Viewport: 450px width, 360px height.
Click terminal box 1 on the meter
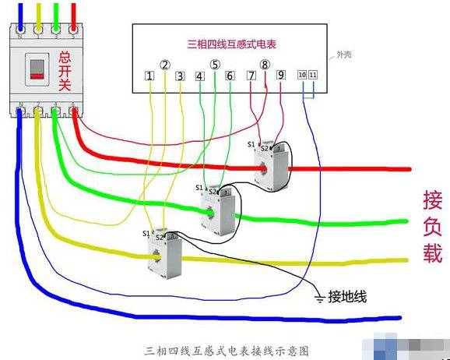coord(149,76)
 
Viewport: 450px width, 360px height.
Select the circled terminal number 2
coord(164,65)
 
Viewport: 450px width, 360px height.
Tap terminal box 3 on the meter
coord(180,76)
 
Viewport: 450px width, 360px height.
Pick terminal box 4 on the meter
coord(200,76)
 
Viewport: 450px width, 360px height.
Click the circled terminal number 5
coord(215,65)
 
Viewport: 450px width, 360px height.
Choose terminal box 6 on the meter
coord(230,76)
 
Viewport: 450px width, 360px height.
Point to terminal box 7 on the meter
coord(251,76)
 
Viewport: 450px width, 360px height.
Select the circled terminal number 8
coord(265,65)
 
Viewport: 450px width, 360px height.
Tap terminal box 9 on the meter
coord(280,76)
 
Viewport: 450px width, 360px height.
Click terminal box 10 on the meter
coord(302,75)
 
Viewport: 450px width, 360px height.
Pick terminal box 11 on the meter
coord(313,75)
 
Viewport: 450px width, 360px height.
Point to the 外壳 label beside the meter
coord(343,55)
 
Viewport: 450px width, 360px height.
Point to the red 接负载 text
coord(432,226)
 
